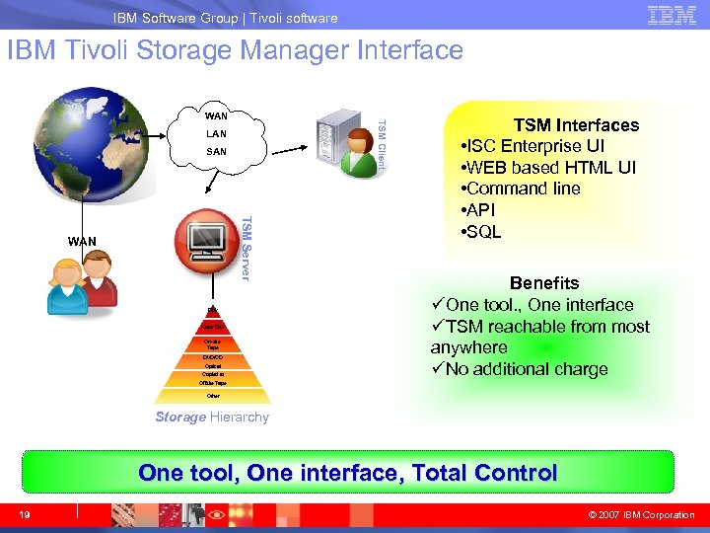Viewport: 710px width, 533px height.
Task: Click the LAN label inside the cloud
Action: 216,134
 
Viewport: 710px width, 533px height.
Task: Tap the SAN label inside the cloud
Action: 216,152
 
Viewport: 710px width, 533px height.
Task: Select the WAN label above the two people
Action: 82,241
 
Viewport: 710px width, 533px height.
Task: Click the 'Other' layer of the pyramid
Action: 213,396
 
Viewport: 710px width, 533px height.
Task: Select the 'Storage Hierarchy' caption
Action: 212,417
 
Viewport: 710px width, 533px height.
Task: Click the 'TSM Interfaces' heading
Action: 576,125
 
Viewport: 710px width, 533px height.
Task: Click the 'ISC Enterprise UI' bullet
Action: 538,146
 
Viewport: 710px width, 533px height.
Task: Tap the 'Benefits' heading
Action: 544,283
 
